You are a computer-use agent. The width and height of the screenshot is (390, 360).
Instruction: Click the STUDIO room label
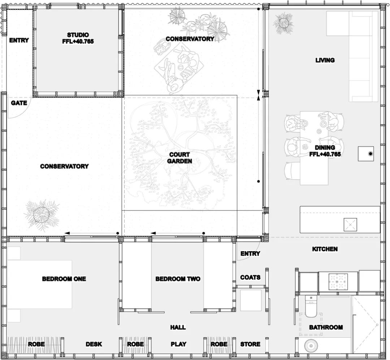click(78, 35)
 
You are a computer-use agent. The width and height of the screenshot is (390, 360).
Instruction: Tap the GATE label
click(19, 103)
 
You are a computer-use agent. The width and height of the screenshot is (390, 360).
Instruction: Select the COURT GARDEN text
click(179, 158)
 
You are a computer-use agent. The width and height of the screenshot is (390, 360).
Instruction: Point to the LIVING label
click(325, 60)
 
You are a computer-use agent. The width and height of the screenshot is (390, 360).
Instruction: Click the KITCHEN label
click(325, 249)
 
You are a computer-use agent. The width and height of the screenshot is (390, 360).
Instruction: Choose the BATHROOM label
click(326, 327)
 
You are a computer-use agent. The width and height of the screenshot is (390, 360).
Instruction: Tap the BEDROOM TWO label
click(178, 279)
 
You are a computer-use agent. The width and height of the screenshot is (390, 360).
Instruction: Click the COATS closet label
click(250, 277)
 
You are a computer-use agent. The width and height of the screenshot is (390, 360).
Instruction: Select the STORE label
click(250, 344)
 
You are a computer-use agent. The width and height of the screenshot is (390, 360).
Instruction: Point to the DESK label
click(94, 344)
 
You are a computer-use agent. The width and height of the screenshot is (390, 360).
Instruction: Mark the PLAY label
click(178, 344)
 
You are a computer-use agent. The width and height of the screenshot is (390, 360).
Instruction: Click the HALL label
click(178, 327)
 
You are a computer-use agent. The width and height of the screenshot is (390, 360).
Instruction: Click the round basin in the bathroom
click(310, 346)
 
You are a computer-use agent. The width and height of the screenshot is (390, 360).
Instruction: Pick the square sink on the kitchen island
click(350, 225)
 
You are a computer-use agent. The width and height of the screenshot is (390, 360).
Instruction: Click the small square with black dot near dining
click(366, 154)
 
